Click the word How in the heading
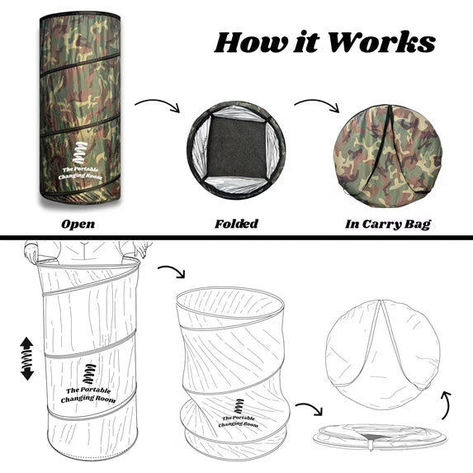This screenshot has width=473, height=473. pos(251,42)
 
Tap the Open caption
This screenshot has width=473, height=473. pos(78,225)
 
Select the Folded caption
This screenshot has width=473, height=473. pos(236,224)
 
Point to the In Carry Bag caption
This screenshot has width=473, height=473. pos(388,225)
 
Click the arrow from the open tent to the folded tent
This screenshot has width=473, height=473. pos(158,102)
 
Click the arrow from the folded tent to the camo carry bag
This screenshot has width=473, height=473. pos(317,102)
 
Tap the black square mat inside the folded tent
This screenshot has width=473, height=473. pos(236,149)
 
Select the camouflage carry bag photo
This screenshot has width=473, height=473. pos(388,156)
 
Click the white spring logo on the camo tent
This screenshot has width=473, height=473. pos(79,153)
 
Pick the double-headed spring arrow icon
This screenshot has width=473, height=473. pos(27,358)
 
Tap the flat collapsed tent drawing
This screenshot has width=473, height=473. pos(380,437)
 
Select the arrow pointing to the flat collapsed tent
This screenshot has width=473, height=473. pos(310,407)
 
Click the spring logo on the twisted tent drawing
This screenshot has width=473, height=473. pos(239,406)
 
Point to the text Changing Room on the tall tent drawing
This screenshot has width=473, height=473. pos(88,399)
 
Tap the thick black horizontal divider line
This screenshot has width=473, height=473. pos(236,238)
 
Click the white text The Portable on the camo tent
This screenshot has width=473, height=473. pos(80,169)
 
